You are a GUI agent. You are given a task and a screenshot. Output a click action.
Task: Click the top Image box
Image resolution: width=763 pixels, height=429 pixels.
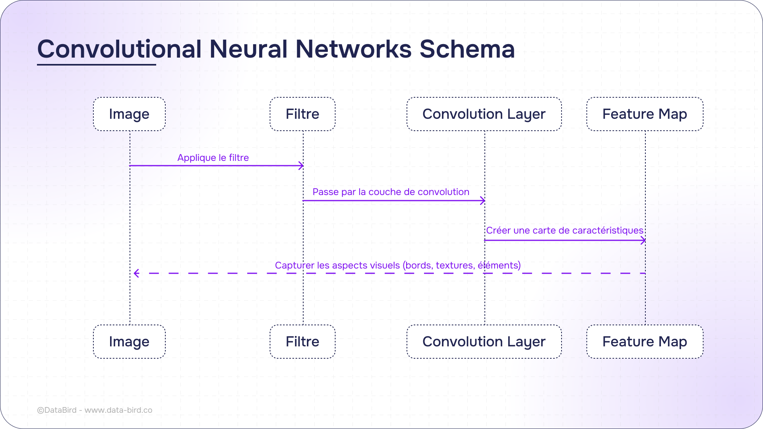(129, 114)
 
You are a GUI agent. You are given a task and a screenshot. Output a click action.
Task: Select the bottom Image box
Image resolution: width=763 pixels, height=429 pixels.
(129, 342)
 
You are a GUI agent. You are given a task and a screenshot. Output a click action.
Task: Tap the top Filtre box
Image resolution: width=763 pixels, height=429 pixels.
(302, 114)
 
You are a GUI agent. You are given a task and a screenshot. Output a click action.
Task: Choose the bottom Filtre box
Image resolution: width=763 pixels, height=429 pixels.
(302, 342)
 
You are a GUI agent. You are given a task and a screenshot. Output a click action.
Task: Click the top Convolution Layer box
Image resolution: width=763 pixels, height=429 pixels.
(484, 114)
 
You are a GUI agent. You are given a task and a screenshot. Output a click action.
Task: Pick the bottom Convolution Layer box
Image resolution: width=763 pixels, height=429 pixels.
(484, 342)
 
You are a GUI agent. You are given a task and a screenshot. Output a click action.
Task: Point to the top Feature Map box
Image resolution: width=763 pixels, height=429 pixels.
(645, 114)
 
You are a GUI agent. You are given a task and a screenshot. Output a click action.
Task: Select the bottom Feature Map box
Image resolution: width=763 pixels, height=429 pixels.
(645, 342)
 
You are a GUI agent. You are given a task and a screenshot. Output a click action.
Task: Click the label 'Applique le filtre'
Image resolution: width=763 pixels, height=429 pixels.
(213, 158)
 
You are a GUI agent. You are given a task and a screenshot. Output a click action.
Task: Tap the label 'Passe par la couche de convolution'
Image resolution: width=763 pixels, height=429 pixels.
(391, 192)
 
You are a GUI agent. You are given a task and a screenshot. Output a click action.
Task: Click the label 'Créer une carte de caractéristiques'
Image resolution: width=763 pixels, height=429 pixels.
(564, 230)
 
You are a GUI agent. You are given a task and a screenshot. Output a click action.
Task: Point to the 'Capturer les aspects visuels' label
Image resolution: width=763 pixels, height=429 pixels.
(397, 265)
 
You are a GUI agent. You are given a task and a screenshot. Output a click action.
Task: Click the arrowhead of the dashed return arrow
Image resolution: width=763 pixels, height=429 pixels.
(137, 273)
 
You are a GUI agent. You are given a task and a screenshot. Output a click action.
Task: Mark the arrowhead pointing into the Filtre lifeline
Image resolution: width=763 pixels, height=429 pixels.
(301, 166)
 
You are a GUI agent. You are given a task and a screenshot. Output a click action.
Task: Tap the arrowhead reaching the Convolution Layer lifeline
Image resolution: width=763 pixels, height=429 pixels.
(482, 201)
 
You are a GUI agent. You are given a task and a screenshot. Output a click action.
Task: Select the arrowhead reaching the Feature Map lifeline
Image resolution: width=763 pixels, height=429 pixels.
(643, 240)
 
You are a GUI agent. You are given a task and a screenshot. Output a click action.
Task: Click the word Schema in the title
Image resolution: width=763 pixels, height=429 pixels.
(467, 49)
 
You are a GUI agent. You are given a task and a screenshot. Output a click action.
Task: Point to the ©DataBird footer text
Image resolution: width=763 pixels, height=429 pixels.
(95, 410)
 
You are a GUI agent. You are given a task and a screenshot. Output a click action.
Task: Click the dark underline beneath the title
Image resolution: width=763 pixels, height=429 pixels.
(97, 64)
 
